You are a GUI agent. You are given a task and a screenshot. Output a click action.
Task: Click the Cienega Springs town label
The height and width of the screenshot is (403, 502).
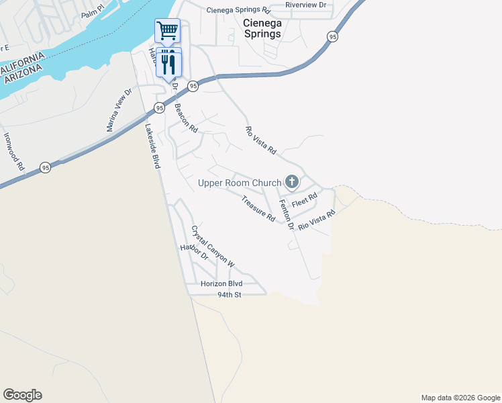261,28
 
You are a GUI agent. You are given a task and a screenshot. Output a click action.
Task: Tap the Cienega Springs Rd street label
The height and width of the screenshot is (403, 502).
238,11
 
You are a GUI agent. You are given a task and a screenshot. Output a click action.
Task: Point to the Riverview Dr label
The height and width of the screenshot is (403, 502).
305,5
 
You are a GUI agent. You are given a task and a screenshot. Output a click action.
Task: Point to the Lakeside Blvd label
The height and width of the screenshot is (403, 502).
153,146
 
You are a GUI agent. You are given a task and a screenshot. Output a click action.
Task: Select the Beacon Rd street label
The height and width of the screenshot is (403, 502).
186,118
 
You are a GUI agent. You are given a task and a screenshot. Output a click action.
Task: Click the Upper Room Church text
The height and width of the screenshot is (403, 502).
239,183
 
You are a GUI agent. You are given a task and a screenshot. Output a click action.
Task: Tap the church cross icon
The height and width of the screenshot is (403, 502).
291,181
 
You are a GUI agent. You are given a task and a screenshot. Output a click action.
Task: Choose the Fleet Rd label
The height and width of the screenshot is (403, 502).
304,200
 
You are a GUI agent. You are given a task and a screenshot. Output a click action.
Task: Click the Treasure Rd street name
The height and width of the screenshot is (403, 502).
258,209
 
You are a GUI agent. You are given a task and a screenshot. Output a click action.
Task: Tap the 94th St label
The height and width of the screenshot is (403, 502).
229,295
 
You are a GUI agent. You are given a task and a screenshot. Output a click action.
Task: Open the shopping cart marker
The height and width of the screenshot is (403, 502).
167,30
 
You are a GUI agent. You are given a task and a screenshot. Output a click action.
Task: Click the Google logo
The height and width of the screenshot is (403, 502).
22,395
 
